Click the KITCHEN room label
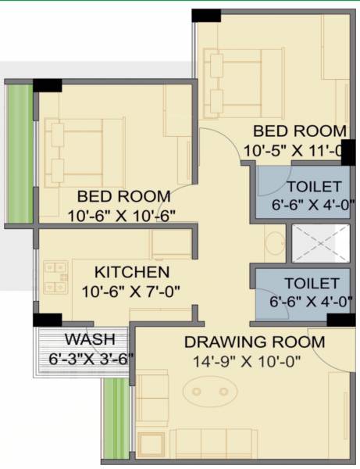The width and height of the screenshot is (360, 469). tap(131, 273)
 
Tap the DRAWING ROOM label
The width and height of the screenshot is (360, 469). tap(254, 342)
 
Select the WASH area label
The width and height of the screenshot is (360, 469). tap(89, 340)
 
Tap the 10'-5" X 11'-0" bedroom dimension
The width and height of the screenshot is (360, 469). tap(294, 149)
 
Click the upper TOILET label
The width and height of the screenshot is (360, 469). tap(313, 187)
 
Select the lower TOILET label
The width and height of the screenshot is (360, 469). tap(312, 283)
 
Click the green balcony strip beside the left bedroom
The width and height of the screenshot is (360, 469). tap(20, 152)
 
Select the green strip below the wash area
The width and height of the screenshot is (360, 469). tap(116, 417)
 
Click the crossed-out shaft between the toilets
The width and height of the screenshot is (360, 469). tap(319, 243)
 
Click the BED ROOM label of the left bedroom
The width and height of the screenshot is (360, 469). tap(123, 196)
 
